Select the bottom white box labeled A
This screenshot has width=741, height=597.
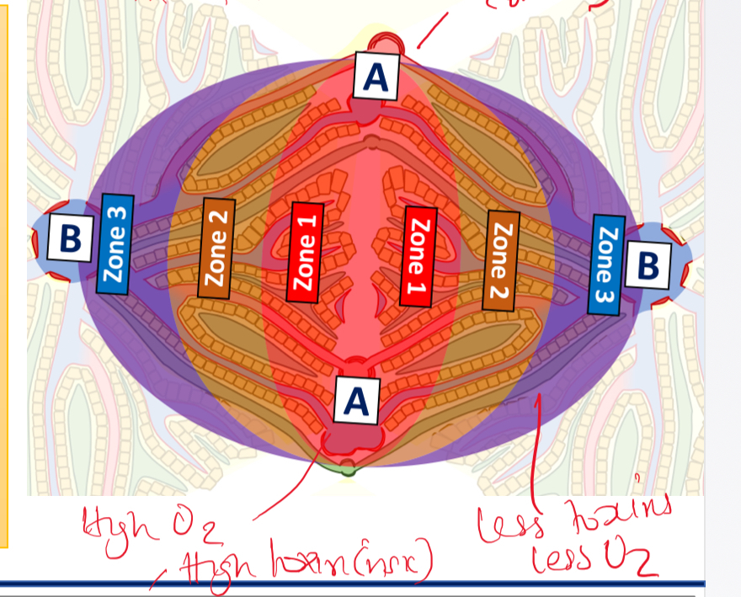pos(357,401)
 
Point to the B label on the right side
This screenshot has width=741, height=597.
pos(647,264)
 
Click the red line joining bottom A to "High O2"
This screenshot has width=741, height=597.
pos(286,488)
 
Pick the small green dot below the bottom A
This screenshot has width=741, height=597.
pos(348,472)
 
